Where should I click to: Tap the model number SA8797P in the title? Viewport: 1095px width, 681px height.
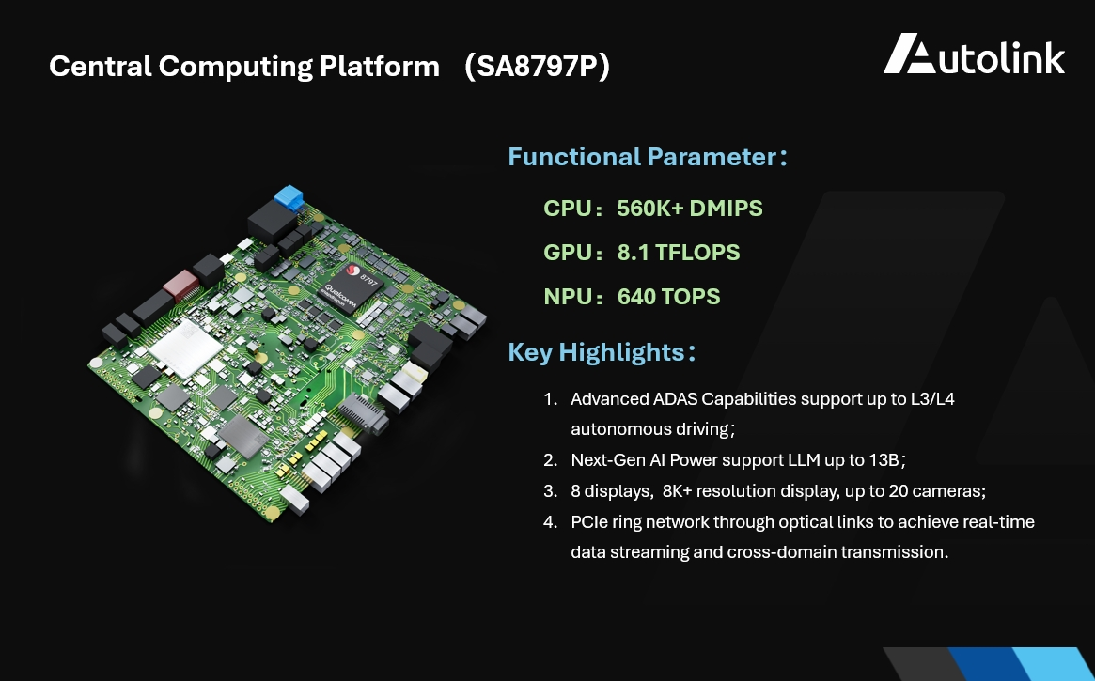tap(537, 68)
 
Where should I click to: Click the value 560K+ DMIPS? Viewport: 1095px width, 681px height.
tap(689, 209)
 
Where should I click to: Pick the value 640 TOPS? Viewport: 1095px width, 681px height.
tap(668, 297)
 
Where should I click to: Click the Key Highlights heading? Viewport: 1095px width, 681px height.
tap(596, 352)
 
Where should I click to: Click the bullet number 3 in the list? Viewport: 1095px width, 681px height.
tap(549, 490)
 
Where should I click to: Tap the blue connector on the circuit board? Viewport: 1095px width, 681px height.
tap(289, 198)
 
